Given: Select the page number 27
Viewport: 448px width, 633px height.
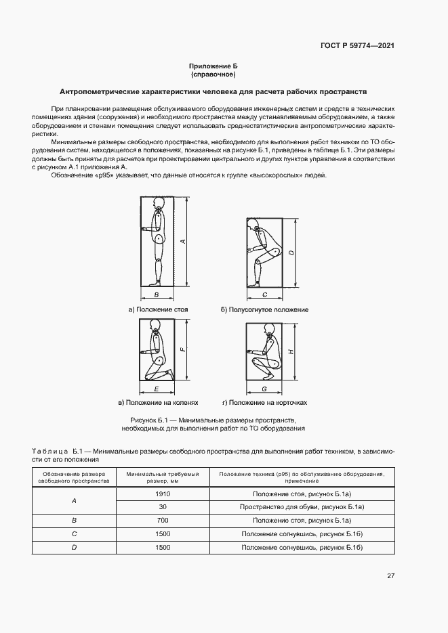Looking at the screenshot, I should click(390, 576).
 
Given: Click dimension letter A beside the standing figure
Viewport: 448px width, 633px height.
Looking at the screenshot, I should click(184, 242).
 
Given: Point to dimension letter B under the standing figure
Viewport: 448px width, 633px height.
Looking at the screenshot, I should click(157, 295).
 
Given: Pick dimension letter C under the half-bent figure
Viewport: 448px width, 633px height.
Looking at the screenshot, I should click(264, 295).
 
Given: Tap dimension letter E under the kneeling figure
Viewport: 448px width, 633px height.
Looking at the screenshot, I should click(157, 390).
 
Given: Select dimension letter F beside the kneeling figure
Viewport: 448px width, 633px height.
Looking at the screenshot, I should click(183, 349).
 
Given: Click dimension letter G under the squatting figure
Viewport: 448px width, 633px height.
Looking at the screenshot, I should click(264, 390).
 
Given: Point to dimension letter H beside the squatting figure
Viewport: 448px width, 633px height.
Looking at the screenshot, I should click(290, 352).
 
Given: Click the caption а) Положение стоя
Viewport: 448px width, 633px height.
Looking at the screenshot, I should click(158, 309).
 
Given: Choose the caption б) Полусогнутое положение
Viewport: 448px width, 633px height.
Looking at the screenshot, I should click(264, 309).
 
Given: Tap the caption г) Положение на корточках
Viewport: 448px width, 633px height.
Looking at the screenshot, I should click(264, 403).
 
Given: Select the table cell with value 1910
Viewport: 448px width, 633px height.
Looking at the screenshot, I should click(163, 495).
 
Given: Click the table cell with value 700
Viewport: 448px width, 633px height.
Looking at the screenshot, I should click(163, 520).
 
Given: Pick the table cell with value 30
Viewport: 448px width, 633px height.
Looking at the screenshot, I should click(163, 507).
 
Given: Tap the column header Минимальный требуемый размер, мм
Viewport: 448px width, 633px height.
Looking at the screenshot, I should click(163, 477).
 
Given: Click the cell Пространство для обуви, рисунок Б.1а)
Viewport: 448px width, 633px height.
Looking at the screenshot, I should click(302, 507).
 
